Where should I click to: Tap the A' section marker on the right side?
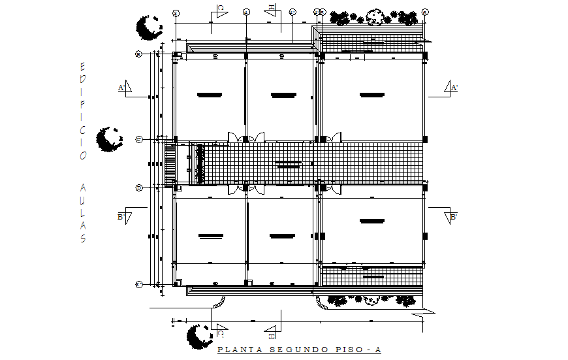click(x=451, y=88)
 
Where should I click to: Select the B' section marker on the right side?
click(x=451, y=216)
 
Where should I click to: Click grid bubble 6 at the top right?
click(x=424, y=12)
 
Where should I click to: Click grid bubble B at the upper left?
click(x=138, y=54)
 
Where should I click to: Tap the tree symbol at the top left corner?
click(x=148, y=27)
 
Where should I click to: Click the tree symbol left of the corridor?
click(x=108, y=139)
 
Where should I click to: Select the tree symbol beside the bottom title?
click(x=198, y=336)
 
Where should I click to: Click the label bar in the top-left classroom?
click(x=210, y=95)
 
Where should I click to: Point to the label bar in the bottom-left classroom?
click(x=210, y=235)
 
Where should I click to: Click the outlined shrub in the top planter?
click(x=375, y=16)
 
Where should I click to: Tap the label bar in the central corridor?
click(x=288, y=163)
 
